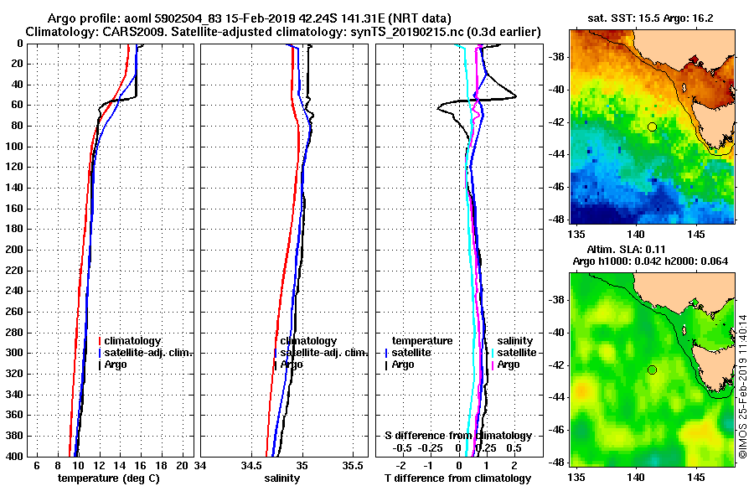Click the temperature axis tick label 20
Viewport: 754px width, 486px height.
pyautogui.click(x=183, y=466)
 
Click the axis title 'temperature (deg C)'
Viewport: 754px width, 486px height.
pyautogui.click(x=108, y=478)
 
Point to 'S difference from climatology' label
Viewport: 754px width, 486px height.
pyautogui.click(x=457, y=436)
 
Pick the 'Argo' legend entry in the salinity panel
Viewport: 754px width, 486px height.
pyautogui.click(x=292, y=364)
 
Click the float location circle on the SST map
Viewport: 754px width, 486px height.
pyautogui.click(x=652, y=127)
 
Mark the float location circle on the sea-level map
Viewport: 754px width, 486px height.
pyautogui.click(x=652, y=370)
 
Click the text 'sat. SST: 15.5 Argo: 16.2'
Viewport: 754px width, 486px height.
pyautogui.click(x=653, y=16)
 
